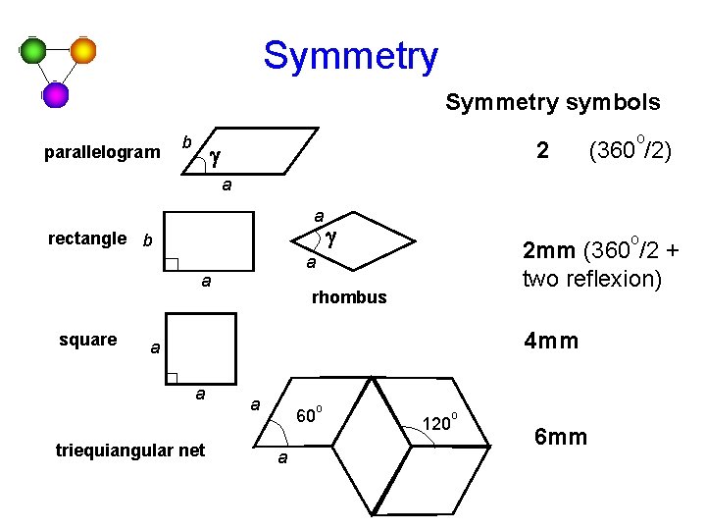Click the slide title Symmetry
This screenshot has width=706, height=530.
click(x=350, y=56)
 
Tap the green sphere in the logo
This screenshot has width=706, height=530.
click(x=35, y=50)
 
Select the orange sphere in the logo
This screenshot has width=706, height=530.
click(x=83, y=50)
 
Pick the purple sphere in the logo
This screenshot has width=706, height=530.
click(x=56, y=94)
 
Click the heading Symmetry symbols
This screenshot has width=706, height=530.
click(x=553, y=102)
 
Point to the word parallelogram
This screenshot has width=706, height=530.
click(x=102, y=152)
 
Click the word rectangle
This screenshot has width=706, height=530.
click(x=87, y=238)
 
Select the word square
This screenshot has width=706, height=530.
click(x=88, y=340)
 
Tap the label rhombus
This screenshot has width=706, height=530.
click(x=349, y=296)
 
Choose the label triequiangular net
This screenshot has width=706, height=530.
click(x=130, y=450)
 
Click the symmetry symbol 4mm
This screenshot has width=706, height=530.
click(x=551, y=342)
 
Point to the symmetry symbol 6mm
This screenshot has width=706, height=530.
click(x=560, y=436)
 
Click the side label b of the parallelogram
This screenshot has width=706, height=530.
click(x=186, y=141)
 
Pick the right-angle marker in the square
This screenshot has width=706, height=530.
click(x=173, y=378)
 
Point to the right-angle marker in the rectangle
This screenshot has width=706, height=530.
click(x=172, y=263)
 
